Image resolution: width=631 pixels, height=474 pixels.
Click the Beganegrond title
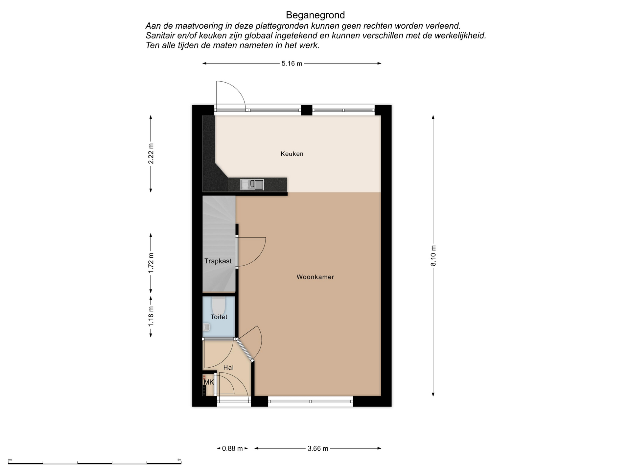[315, 15]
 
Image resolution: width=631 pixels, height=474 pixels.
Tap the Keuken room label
[292, 154]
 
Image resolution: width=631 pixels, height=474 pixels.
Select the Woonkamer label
[315, 277]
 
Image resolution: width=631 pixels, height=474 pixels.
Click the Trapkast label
[218, 261]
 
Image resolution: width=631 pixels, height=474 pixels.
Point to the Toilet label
[219, 317]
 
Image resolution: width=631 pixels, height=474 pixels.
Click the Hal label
[228, 367]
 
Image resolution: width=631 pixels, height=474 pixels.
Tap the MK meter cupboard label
[209, 382]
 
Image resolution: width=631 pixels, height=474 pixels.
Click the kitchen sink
[252, 184]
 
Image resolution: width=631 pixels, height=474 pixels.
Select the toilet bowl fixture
[218, 306]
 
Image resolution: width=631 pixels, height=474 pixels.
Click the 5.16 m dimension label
[292, 64]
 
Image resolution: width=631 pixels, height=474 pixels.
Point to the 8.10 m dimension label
[433, 256]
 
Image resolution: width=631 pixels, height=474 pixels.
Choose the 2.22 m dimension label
[151, 154]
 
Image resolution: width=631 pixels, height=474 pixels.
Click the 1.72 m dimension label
[151, 263]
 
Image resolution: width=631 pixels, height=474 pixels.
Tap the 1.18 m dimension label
[151, 316]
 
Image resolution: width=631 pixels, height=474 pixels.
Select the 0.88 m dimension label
[232, 448]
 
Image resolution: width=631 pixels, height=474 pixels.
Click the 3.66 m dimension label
[318, 448]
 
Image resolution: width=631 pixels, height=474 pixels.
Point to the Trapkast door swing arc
[260, 258]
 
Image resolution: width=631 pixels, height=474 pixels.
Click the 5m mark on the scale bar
[179, 460]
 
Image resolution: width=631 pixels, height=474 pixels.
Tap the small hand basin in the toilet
[206, 327]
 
